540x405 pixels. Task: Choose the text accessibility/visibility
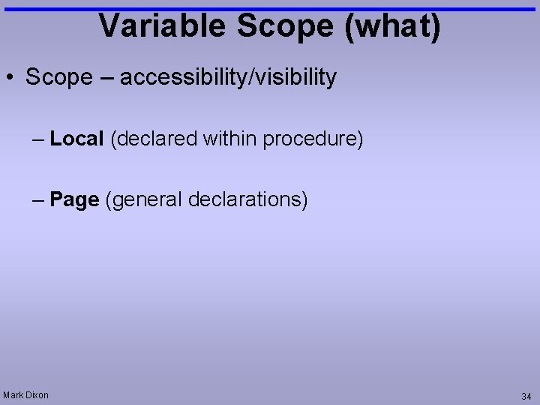click(228, 77)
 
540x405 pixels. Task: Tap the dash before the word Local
click(39, 139)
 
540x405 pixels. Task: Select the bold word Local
click(76, 139)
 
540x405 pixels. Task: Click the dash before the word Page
click(39, 200)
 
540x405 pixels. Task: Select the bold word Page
click(74, 200)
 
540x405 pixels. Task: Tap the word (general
click(144, 200)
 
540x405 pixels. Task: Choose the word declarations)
click(247, 200)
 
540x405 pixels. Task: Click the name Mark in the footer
click(13, 394)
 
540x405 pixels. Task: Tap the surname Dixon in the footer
click(36, 394)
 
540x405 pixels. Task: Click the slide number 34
click(526, 395)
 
